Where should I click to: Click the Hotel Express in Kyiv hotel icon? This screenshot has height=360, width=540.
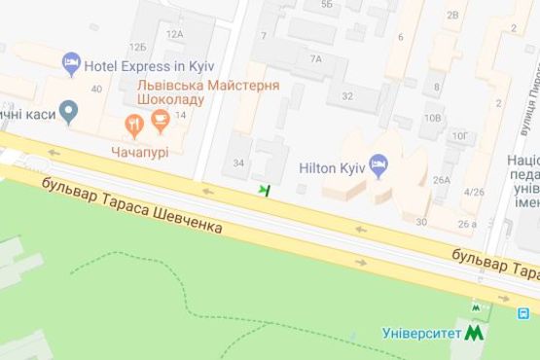point(72,64)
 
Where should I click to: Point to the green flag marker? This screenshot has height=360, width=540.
point(264,190)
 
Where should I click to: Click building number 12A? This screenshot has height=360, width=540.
point(174,33)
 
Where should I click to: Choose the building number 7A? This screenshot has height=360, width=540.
point(315,58)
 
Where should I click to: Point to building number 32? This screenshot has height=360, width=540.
point(346,95)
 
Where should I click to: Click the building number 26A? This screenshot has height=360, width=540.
point(442,179)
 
